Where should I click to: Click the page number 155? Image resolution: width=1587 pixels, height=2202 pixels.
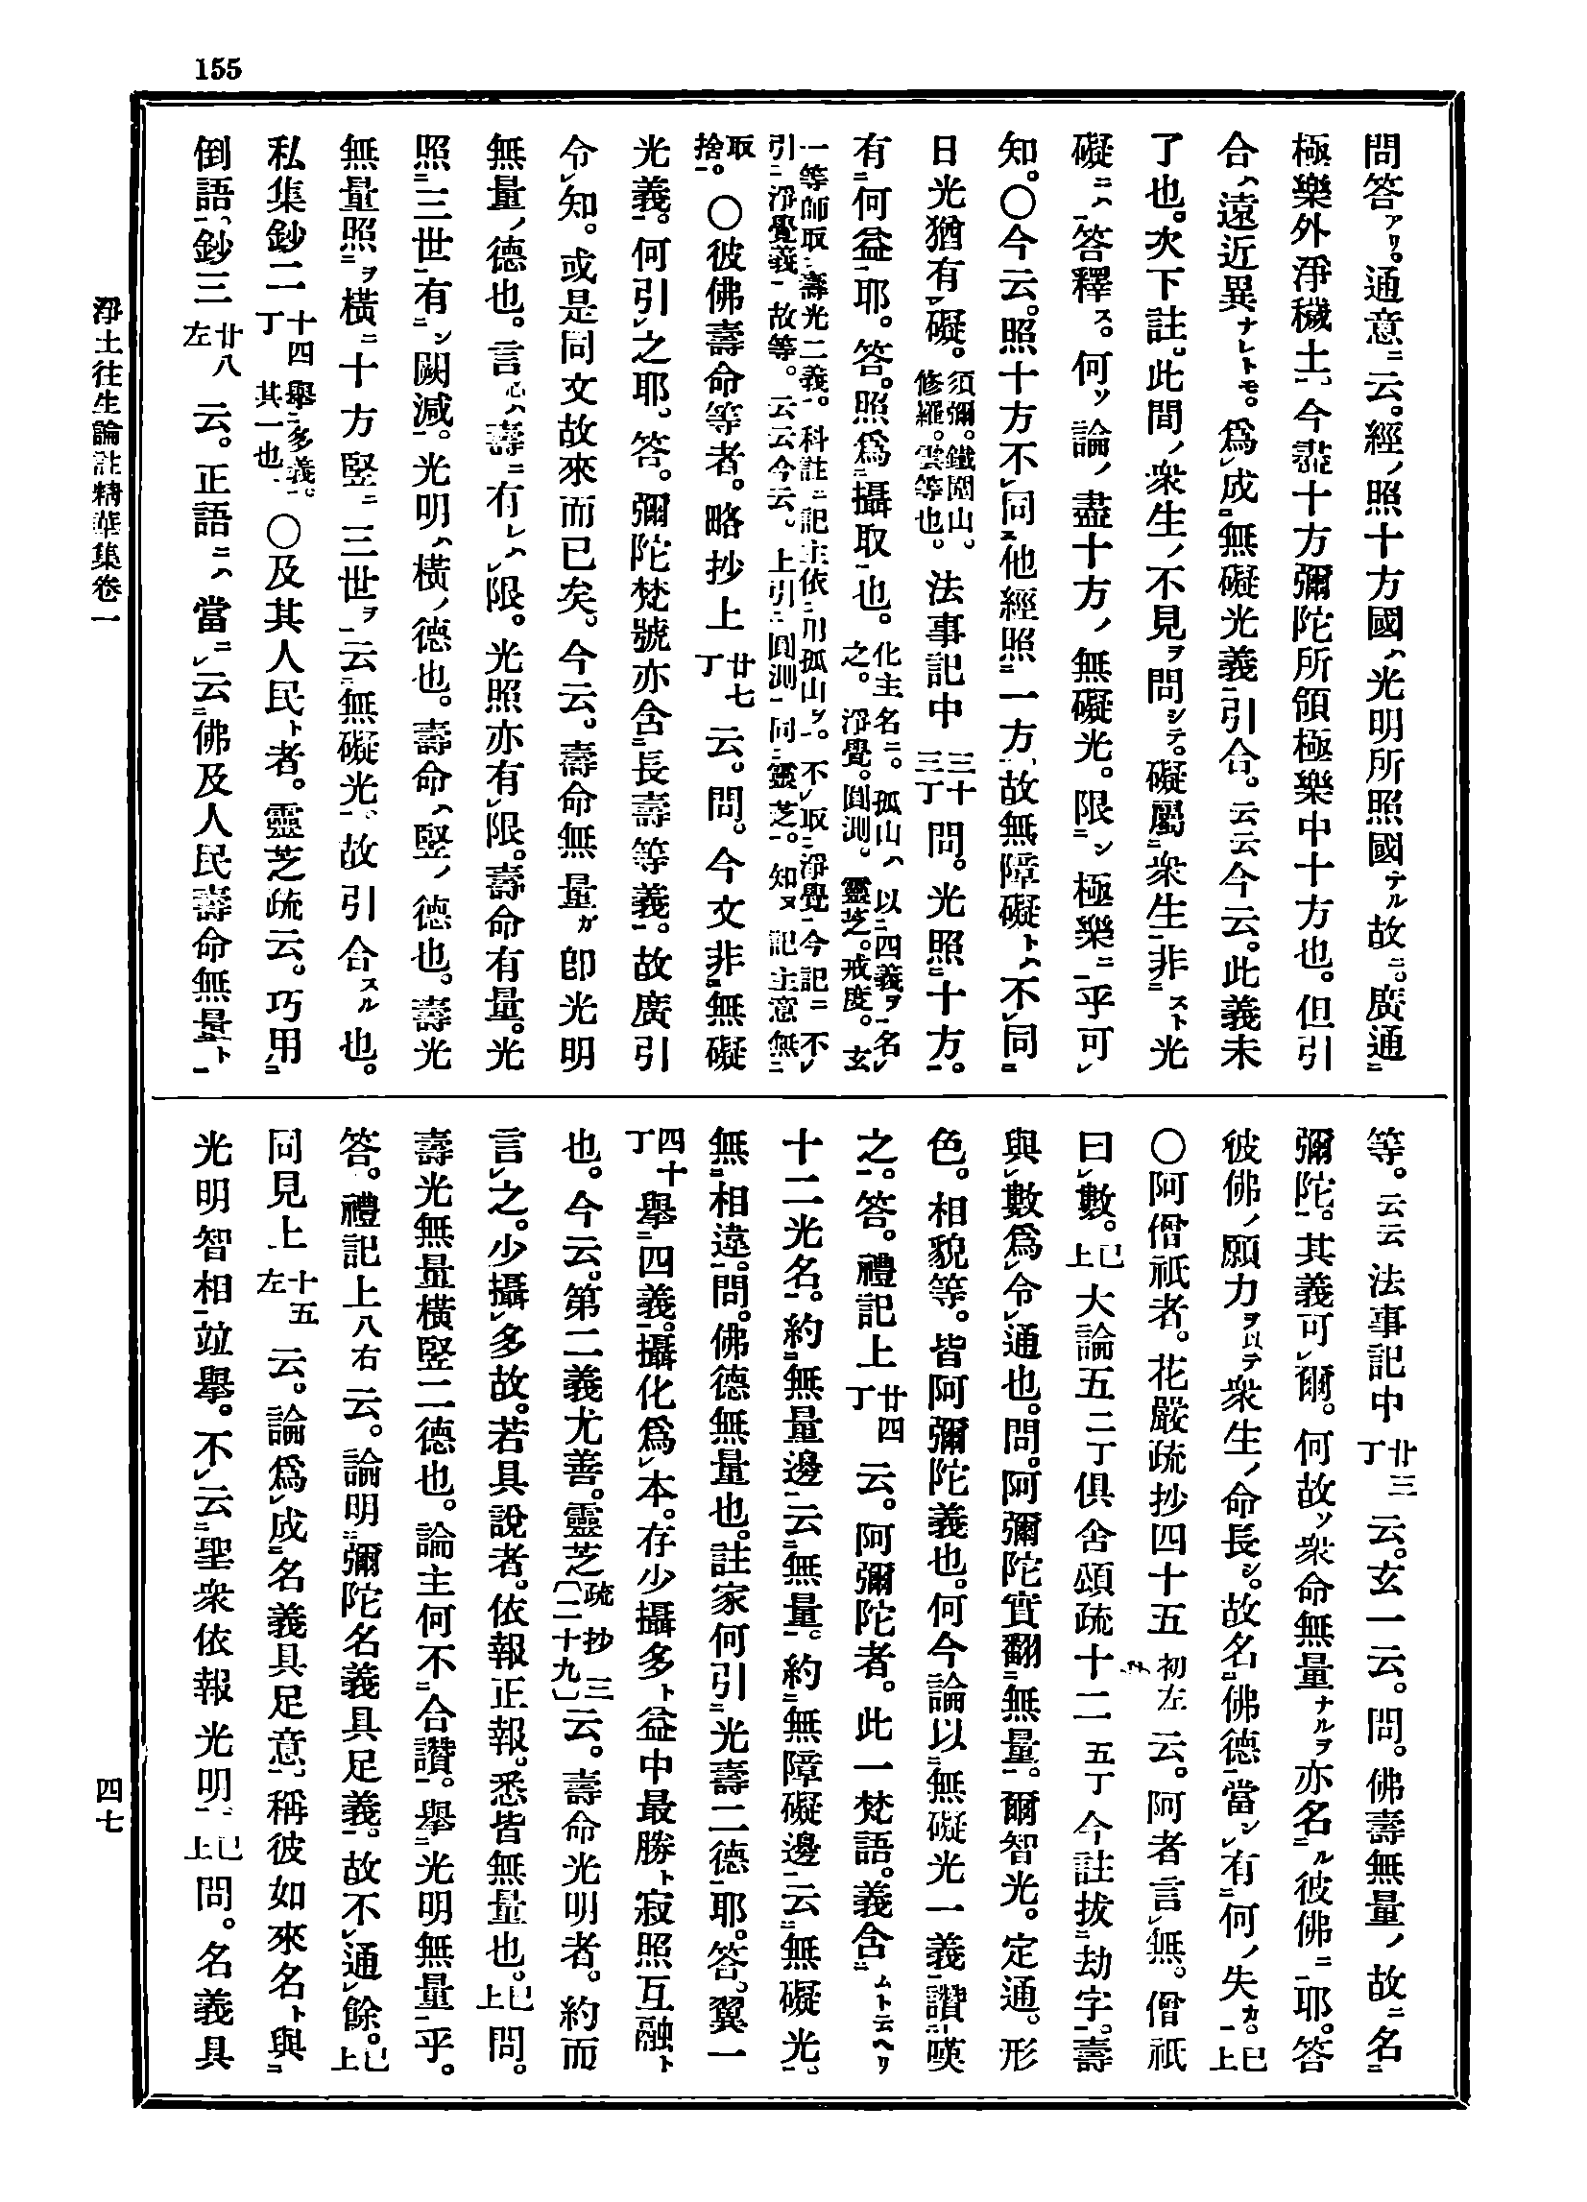pos(218,69)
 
